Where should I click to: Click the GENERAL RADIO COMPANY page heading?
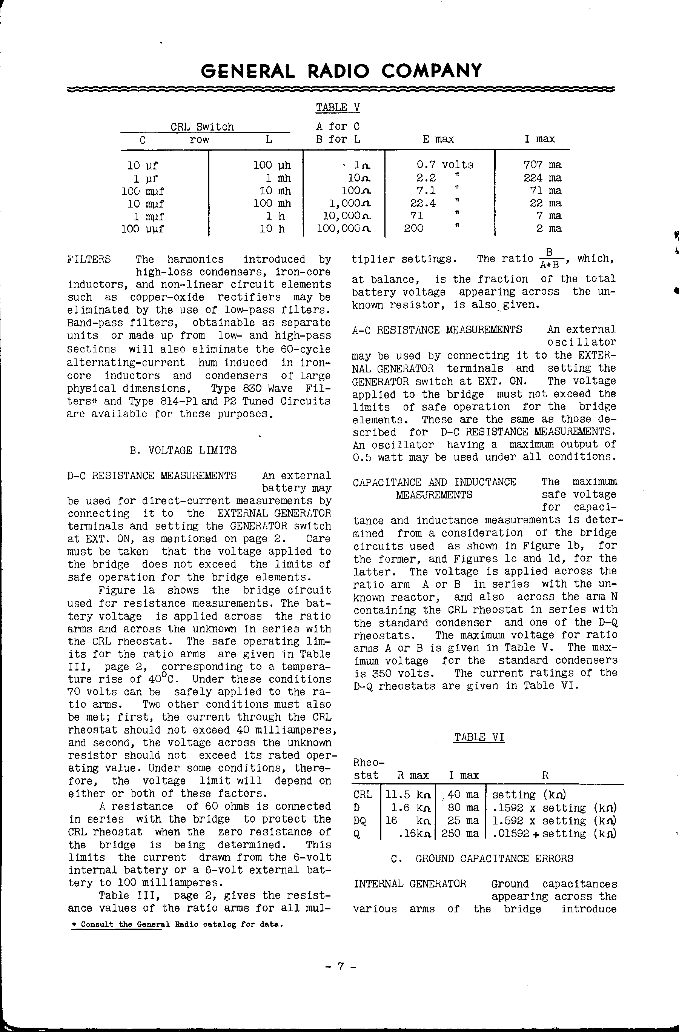[x=341, y=70]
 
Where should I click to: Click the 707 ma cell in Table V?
[x=542, y=165]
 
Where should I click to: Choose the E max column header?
[x=438, y=139]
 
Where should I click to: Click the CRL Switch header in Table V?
[x=202, y=127]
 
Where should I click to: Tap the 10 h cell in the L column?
[x=272, y=229]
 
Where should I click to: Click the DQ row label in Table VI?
[x=360, y=821]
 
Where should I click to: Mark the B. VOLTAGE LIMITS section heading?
[x=183, y=450]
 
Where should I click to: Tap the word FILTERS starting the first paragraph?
[x=89, y=259]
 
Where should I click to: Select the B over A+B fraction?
[x=549, y=258]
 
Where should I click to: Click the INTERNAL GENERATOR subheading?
[x=410, y=884]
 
